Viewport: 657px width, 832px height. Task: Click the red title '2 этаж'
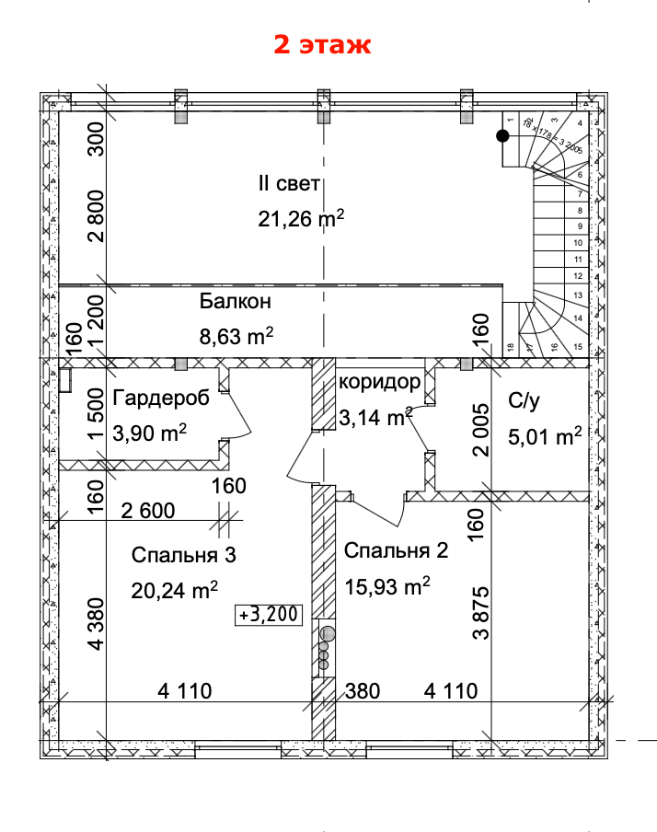(x=322, y=45)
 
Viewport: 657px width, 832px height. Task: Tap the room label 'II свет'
(x=289, y=184)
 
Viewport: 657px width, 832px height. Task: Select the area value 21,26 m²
(x=301, y=218)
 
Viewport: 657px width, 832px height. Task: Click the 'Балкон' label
(x=235, y=302)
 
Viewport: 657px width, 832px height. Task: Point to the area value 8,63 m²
(x=236, y=336)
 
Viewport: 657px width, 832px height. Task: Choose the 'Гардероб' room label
(x=161, y=398)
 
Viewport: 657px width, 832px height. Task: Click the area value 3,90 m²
(x=150, y=432)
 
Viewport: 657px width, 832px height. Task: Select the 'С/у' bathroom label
(x=523, y=401)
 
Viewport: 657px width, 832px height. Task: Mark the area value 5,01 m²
(x=545, y=435)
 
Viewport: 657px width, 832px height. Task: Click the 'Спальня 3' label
(x=184, y=555)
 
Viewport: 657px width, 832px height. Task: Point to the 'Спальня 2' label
(x=396, y=551)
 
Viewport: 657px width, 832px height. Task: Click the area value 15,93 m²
(x=386, y=585)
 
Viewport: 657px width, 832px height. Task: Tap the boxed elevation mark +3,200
(x=270, y=615)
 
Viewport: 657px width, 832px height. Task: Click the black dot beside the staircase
(x=502, y=137)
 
